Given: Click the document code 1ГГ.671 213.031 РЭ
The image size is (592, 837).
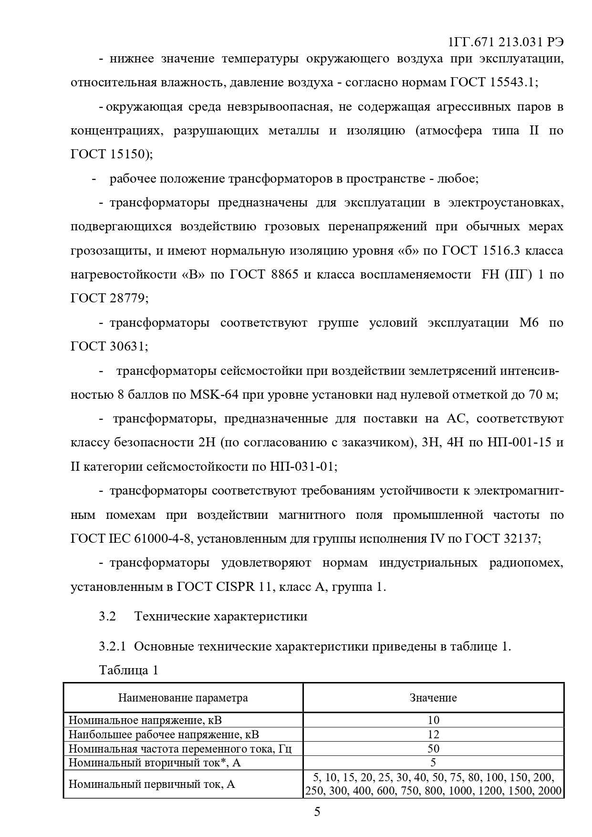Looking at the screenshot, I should coord(506,42).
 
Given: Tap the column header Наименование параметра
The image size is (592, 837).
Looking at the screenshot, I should coord(183,698).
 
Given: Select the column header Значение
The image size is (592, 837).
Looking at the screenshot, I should coord(433,698).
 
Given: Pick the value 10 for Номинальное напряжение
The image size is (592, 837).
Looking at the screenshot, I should coord(433,720).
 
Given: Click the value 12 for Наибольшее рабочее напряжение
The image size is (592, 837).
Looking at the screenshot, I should coord(433,734).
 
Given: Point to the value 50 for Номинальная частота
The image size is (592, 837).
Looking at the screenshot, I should coord(433,748).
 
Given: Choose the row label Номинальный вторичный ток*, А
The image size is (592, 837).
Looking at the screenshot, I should coord(155,763).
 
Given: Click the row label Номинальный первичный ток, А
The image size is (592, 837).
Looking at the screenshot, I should coord(152,784).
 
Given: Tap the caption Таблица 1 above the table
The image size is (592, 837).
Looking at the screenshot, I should coord(128,670).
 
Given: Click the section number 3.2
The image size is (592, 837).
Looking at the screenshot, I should coord(107,616).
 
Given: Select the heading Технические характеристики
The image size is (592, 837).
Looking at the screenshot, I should coord(221,616).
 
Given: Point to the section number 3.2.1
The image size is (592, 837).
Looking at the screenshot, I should coord(112,647).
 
